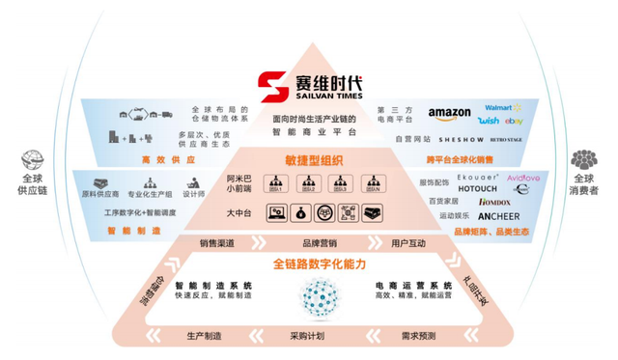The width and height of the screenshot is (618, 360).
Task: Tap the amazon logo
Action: (450, 114)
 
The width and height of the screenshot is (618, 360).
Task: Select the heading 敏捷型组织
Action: (308, 159)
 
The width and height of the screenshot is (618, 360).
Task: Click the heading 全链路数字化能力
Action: (309, 263)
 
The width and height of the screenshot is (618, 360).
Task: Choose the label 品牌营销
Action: (307, 243)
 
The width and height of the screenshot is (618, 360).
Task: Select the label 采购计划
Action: (308, 336)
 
